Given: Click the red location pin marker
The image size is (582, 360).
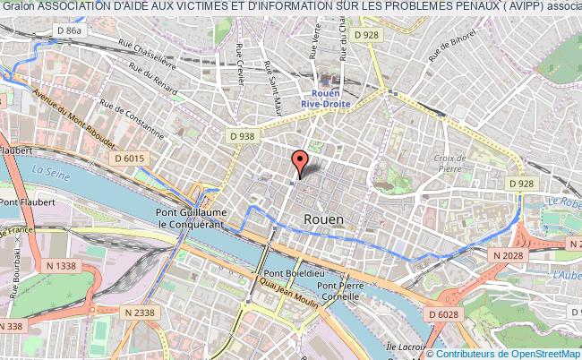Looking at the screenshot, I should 300,163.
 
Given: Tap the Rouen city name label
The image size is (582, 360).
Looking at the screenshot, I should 323,218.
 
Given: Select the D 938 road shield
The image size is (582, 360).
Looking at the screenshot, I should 242,136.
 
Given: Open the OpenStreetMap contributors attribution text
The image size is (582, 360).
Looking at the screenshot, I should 514,352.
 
